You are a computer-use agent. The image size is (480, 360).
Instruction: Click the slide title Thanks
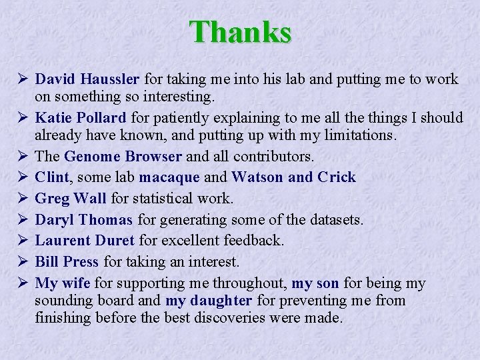[x=240, y=31]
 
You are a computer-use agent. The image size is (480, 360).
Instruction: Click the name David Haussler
[x=87, y=79]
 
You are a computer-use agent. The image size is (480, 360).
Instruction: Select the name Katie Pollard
[x=80, y=118]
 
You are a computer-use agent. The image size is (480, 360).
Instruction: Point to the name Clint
[x=52, y=177]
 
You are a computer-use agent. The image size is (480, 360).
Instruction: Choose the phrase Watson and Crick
[x=293, y=177]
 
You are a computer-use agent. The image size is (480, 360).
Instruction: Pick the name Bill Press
[x=67, y=261]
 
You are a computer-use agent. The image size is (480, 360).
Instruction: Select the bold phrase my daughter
[x=209, y=301]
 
